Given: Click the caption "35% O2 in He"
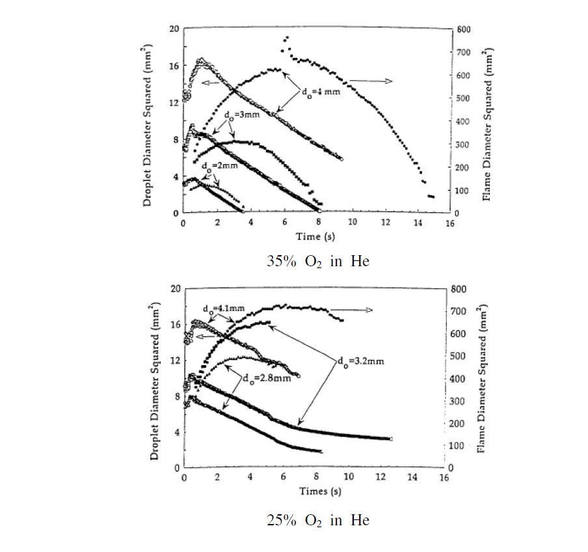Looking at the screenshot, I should point(318,262).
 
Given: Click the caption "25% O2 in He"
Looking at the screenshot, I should point(318,520).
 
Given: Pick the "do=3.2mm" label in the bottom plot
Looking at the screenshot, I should point(354,359).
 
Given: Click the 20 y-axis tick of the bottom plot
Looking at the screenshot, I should point(175,289).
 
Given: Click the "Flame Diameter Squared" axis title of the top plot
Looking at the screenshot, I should point(487,121).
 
